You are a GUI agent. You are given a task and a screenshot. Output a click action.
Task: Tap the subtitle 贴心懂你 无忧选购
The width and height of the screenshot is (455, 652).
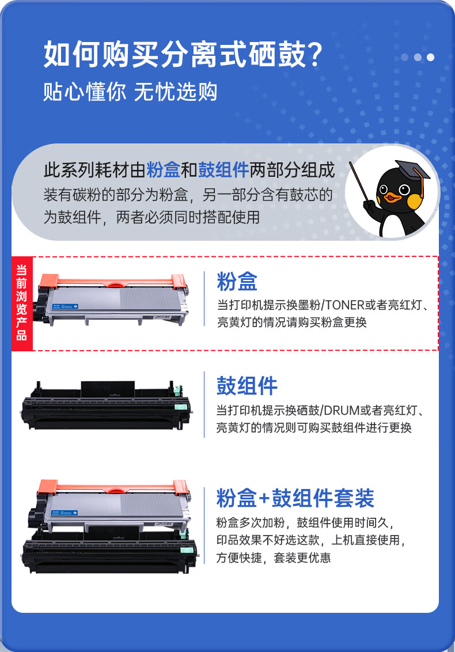tap(130, 92)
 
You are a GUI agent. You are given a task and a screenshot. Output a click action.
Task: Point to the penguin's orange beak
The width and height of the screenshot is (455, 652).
tap(392, 198)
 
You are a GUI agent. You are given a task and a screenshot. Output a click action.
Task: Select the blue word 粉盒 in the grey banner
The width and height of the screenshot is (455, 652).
tap(164, 170)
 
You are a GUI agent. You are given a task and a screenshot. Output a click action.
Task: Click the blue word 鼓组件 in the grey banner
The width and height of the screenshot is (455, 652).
tap(223, 170)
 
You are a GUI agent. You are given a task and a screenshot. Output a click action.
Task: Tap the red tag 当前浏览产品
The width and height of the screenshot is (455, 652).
tap(22, 303)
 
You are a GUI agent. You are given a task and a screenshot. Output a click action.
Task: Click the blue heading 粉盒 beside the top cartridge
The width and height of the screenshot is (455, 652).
tap(237, 282)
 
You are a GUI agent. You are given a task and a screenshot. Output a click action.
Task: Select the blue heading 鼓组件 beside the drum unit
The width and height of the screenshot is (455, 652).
tap(247, 386)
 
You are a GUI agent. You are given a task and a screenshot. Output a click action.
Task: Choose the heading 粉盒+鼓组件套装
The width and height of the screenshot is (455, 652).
tap(295, 498)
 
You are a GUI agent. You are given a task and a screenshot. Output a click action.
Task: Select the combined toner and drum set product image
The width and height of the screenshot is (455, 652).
tap(109, 527)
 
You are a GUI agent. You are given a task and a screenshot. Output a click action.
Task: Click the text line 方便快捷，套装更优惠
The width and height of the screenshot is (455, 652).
tap(274, 558)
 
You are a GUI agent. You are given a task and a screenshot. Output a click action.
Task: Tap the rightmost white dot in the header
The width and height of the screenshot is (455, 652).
tap(430, 57)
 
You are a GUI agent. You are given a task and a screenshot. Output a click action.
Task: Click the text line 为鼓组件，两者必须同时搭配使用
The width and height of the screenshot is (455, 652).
tap(151, 217)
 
